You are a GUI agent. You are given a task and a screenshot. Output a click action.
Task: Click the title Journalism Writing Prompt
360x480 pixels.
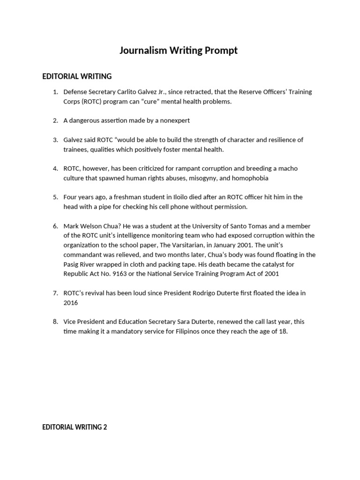pyautogui.click(x=179, y=51)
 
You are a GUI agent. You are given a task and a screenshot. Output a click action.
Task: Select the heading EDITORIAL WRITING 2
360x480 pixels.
pyautogui.click(x=75, y=427)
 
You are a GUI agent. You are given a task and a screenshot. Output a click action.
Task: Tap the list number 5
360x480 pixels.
pyautogui.click(x=55, y=197)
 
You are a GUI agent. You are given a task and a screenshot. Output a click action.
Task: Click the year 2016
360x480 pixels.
pyautogui.click(x=71, y=303)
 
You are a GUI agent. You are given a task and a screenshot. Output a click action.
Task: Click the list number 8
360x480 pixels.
pyautogui.click(x=55, y=322)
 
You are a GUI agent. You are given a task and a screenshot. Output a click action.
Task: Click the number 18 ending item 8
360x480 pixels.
pyautogui.click(x=283, y=331)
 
